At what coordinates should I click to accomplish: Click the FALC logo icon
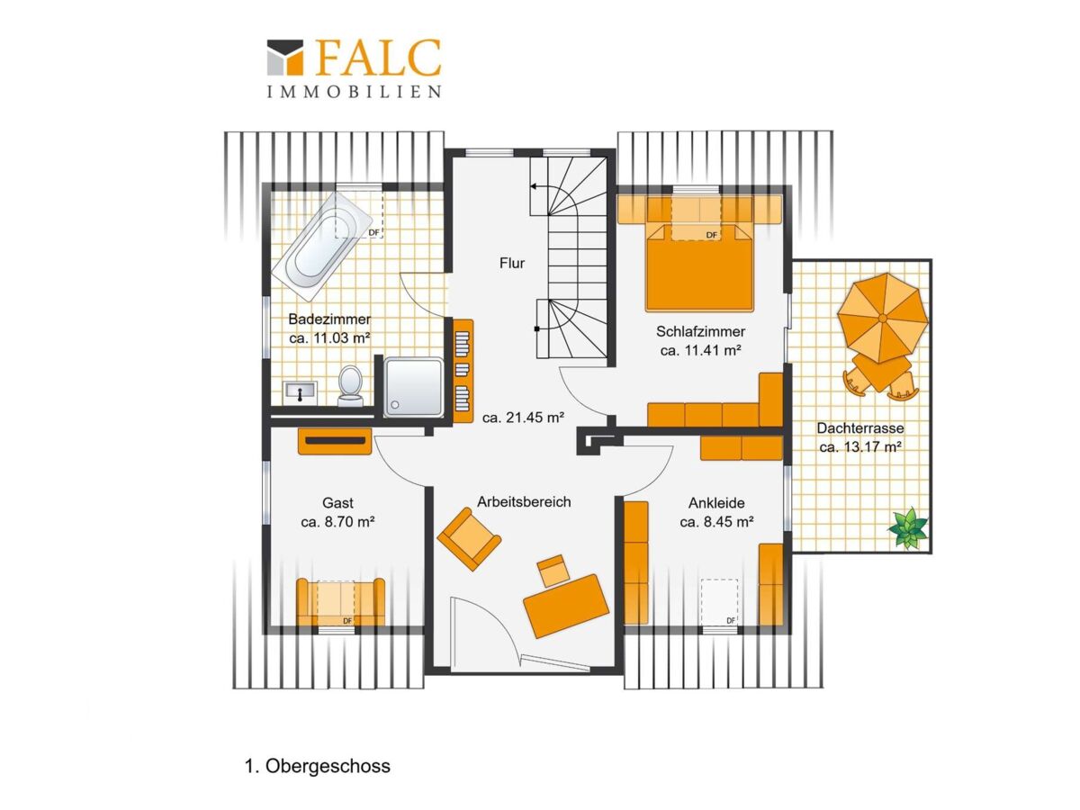(x=285, y=58)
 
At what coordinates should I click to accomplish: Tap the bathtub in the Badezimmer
(x=322, y=246)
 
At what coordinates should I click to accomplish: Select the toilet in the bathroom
(x=350, y=385)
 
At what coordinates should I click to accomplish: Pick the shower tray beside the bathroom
(x=413, y=388)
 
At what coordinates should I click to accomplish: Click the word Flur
(x=512, y=263)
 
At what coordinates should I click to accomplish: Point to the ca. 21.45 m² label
(x=523, y=418)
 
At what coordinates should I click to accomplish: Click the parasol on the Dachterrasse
(x=883, y=318)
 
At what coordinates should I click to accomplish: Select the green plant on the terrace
(x=908, y=527)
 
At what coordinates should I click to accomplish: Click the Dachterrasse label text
(x=860, y=427)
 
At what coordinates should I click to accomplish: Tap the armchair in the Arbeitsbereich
(x=469, y=539)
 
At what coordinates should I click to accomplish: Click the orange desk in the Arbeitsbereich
(x=566, y=606)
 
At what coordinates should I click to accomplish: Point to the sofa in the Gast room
(x=340, y=601)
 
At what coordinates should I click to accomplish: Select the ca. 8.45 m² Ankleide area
(x=717, y=521)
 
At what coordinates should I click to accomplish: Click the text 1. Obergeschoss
(x=318, y=766)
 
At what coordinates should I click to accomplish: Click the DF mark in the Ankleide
(x=731, y=621)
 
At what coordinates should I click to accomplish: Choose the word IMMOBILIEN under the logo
(x=354, y=92)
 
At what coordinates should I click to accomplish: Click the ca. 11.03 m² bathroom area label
(x=329, y=338)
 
